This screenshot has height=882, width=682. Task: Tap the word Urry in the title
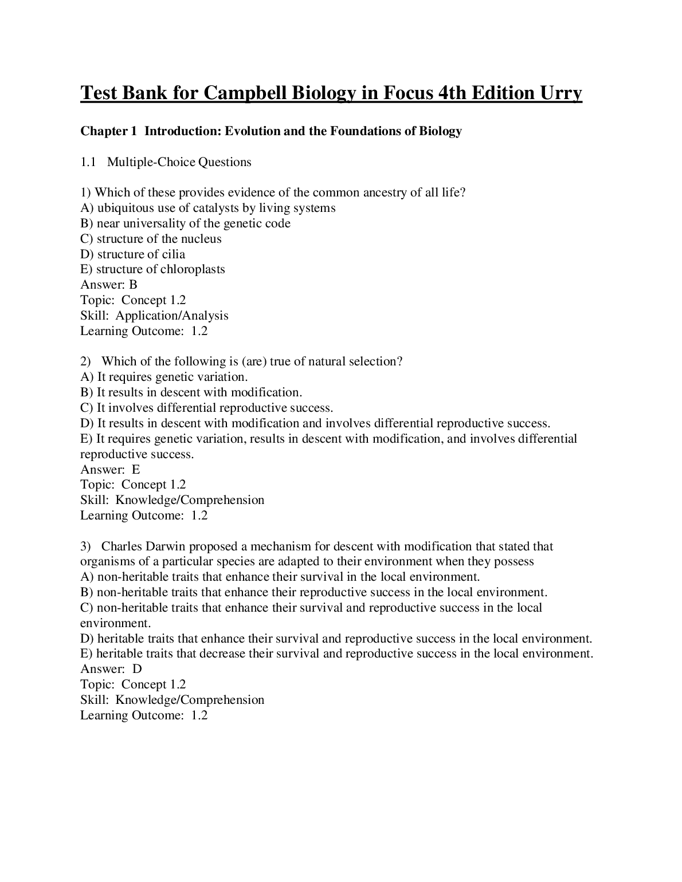click(x=559, y=93)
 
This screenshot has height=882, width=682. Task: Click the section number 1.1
click(x=87, y=162)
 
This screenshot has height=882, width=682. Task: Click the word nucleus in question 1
click(x=201, y=239)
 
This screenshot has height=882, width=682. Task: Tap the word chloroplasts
click(x=193, y=269)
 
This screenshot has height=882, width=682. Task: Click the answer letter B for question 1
click(x=134, y=285)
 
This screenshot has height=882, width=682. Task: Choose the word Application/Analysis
click(x=172, y=316)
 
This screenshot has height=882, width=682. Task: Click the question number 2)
click(x=86, y=361)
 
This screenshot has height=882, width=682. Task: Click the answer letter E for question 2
click(x=136, y=470)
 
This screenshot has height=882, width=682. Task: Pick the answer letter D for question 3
click(x=137, y=669)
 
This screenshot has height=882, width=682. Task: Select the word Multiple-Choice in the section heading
click(x=151, y=162)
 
